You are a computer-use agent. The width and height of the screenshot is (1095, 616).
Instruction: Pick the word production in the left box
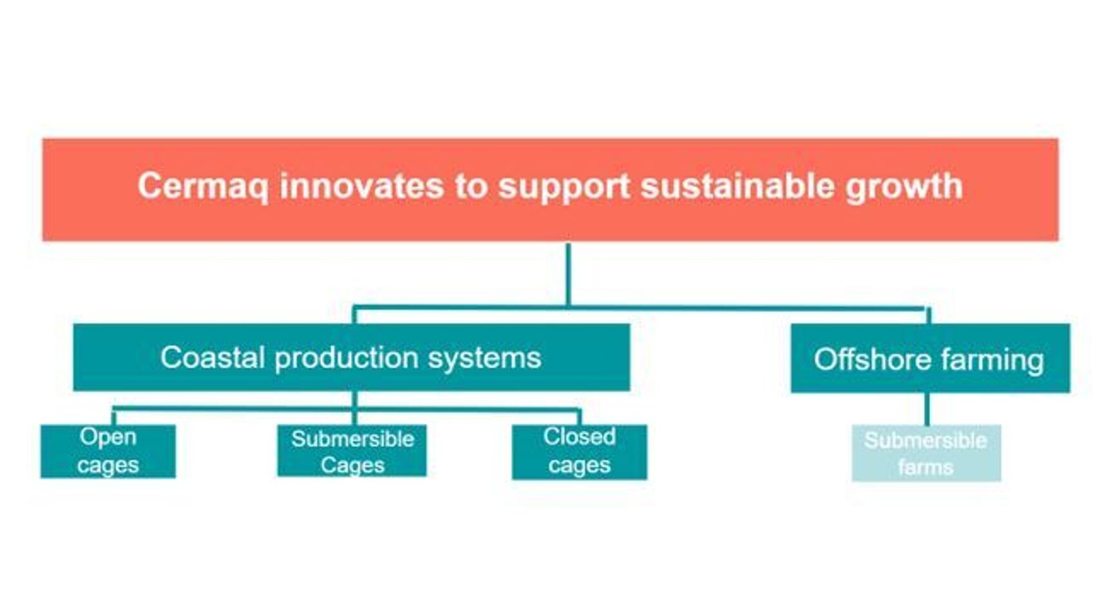point(347,358)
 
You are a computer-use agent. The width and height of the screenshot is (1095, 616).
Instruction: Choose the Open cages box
point(108,451)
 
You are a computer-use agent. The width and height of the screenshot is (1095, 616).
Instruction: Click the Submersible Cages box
point(352,451)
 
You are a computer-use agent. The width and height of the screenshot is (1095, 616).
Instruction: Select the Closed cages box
point(579,452)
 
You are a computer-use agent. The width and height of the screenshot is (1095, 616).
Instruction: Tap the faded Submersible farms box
point(926,453)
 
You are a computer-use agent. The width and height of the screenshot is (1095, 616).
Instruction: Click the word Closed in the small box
point(579,437)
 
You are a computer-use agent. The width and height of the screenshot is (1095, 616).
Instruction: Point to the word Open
point(108,437)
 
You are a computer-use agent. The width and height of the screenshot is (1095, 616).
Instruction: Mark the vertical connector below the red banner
point(568,274)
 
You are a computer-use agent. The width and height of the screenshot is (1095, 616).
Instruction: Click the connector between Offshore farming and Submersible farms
point(927,409)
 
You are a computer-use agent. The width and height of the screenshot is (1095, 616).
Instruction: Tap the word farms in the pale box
point(926,467)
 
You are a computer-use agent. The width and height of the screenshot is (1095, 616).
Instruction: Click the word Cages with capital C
point(352,465)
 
